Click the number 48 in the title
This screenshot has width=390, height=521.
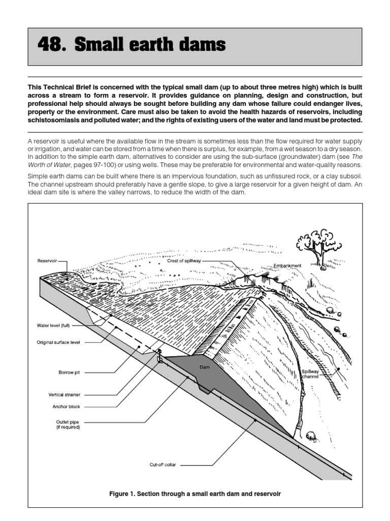[51, 45]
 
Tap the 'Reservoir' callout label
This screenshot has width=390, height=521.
[48, 261]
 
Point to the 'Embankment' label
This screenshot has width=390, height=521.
[287, 266]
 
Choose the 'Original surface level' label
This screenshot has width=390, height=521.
[58, 342]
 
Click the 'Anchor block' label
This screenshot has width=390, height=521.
[67, 407]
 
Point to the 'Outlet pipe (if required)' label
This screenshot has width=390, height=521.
[68, 424]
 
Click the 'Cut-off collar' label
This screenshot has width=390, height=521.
[163, 465]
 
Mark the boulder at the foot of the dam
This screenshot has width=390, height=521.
[311, 435]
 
